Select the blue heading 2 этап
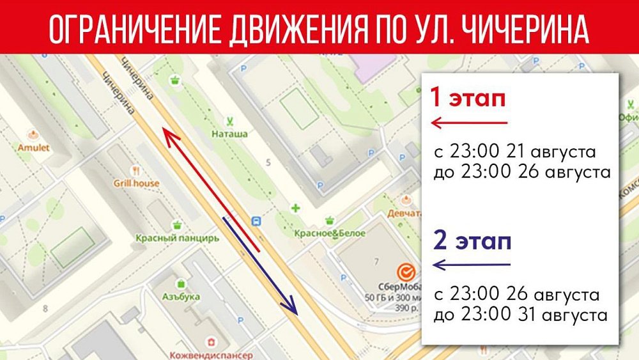coord(472,242)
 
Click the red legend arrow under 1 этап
coord(469,122)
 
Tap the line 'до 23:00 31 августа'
coord(520,315)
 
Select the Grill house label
coord(137,184)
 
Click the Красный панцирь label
coord(177,238)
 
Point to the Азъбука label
coord(181,297)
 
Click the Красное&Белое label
coord(330,233)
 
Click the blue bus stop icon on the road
coord(256,221)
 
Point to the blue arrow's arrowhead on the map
coord(293,309)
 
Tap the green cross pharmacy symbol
coord(295,208)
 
